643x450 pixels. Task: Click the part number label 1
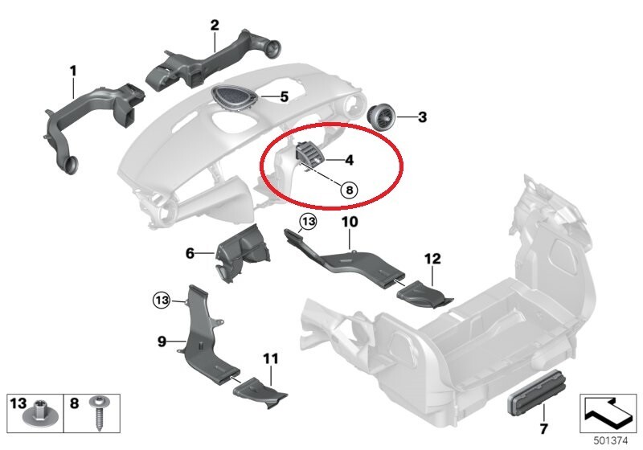73,72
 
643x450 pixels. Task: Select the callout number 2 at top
215,26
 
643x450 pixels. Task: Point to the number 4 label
350,160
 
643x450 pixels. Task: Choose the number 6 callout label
190,253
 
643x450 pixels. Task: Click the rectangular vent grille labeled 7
537,392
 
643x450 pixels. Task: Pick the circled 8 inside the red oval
349,190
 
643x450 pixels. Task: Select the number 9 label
162,341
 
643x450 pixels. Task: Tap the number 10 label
350,222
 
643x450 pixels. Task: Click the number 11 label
271,358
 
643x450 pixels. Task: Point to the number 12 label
432,259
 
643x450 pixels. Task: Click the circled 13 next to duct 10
309,222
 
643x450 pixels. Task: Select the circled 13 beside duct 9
162,301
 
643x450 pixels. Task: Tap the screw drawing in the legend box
99,413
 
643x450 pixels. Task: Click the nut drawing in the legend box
38,412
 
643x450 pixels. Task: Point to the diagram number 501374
611,441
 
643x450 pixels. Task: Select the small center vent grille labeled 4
309,155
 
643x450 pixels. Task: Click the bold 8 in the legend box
74,403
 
